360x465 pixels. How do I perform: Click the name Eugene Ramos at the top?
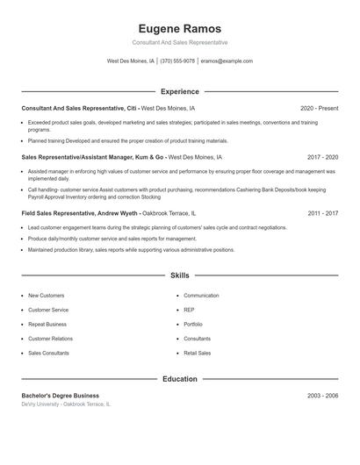point(179,28)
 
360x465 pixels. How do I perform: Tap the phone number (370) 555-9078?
point(177,61)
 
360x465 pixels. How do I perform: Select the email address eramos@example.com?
point(227,61)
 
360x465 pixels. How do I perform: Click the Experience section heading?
point(179,91)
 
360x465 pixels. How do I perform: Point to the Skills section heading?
point(179,275)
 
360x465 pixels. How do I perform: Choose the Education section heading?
point(179,379)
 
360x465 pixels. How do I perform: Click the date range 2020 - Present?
point(319,108)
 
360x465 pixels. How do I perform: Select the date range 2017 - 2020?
point(322,157)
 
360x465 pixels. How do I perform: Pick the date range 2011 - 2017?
point(322,213)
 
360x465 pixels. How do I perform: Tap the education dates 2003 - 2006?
point(322,396)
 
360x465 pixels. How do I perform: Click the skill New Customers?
point(47,296)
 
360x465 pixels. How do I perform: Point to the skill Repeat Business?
point(47,324)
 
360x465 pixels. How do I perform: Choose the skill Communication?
point(201,296)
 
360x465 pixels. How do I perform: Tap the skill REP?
point(189,310)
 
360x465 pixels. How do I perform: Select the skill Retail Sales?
point(198,353)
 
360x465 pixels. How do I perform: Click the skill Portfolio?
point(193,324)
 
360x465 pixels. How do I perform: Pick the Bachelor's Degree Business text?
point(61,396)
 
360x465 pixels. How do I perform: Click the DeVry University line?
point(67,404)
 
